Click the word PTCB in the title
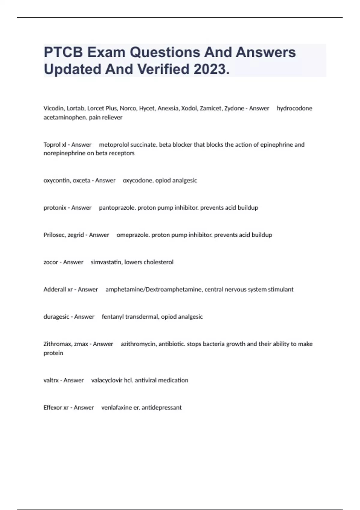63,52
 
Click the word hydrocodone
294,108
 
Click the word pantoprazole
117,208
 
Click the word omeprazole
133,235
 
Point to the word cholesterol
158,262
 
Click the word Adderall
55,289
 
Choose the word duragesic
56,317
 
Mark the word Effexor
53,408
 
